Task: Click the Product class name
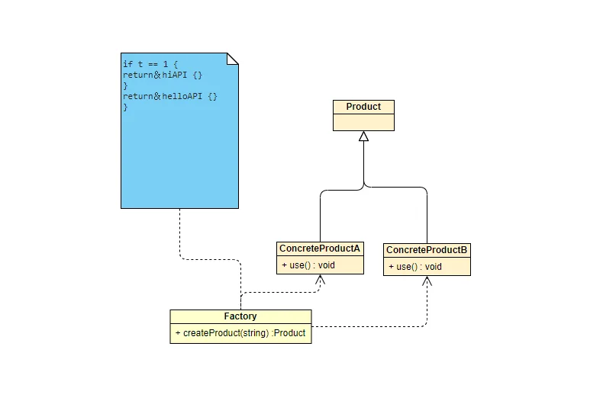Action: (363, 107)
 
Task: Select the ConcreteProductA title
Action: (320, 249)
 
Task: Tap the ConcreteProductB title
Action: (427, 250)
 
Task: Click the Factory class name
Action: (240, 316)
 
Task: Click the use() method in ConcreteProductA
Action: (308, 265)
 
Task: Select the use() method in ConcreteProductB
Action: (415, 267)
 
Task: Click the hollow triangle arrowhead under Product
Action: (364, 136)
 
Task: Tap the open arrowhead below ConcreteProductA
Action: (320, 279)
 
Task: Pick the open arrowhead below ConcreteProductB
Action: (427, 281)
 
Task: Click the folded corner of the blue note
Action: (233, 59)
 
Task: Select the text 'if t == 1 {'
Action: (150, 64)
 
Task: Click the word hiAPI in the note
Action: (175, 75)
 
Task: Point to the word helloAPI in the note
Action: (182, 96)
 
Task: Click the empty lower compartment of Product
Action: (364, 123)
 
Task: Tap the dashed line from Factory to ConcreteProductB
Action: (376, 326)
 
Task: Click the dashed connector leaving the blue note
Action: (209, 259)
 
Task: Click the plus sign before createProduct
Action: (178, 333)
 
